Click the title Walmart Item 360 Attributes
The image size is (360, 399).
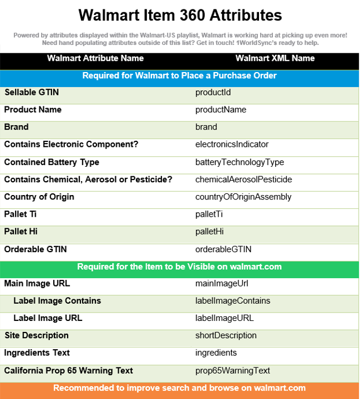[x=180, y=15]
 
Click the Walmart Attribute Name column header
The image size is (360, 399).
[x=95, y=58]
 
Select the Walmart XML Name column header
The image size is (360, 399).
[x=275, y=58]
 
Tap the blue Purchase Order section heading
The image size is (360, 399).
[x=179, y=75]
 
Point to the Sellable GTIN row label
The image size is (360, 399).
[x=32, y=93]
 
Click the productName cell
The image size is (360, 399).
[x=220, y=110]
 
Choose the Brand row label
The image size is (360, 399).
[x=17, y=127]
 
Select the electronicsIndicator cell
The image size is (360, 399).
[x=231, y=144]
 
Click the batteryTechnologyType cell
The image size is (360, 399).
[x=239, y=162]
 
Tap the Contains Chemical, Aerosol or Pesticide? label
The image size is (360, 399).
[x=88, y=179]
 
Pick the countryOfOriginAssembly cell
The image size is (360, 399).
[x=243, y=197]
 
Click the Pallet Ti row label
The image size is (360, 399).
[x=21, y=214]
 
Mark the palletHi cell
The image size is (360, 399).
[x=210, y=232]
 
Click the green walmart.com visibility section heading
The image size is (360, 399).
[x=179, y=267]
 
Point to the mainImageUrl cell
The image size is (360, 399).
[x=221, y=284]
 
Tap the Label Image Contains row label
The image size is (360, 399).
[x=57, y=301]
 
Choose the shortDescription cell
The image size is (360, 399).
[x=226, y=335]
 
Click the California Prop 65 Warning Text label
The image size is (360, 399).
[x=69, y=370]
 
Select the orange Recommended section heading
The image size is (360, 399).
[x=179, y=388]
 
